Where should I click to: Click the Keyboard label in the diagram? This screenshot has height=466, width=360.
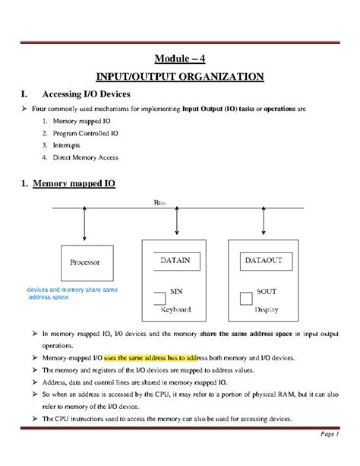(176, 310)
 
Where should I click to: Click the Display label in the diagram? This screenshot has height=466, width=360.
(266, 310)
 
